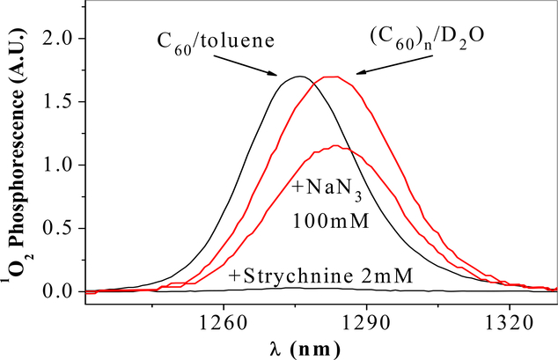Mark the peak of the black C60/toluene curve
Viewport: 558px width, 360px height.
click(299, 77)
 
